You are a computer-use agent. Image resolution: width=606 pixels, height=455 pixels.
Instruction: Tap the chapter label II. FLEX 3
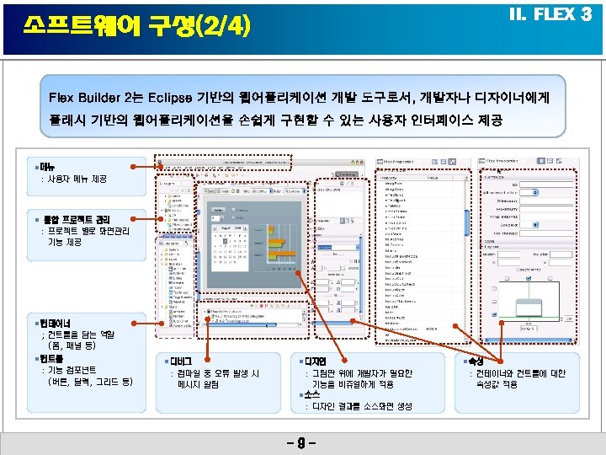coord(551,15)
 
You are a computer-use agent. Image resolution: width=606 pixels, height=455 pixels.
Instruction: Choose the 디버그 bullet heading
coord(181,361)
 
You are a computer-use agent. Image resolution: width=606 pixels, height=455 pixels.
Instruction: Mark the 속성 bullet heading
coord(478,361)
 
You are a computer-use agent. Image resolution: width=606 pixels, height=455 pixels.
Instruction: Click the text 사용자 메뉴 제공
coord(77,179)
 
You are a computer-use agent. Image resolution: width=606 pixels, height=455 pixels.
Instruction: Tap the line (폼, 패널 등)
coord(72,346)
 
